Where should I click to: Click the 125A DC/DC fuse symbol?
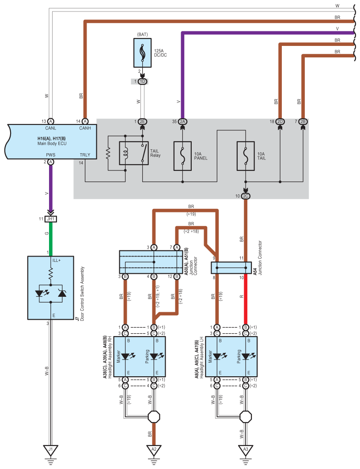[142, 53]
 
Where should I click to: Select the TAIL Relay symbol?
[134, 153]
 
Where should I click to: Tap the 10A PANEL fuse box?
[182, 156]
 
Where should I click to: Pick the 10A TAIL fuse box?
[246, 156]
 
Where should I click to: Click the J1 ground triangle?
[50, 450]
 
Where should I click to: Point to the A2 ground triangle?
[154, 450]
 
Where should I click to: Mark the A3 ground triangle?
[246, 450]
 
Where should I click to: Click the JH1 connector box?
[51, 219]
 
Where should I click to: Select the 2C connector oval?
[246, 196]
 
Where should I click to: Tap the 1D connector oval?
[142, 81]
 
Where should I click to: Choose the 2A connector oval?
[182, 121]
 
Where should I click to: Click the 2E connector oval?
[142, 121]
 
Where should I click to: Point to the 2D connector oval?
[280, 121]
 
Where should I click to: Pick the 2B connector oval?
[303, 121]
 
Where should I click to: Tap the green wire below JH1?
[51, 239]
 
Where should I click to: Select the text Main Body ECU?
[52, 144]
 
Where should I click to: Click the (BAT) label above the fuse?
[142, 34]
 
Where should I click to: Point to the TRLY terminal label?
[85, 155]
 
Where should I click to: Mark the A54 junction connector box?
[231, 268]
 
